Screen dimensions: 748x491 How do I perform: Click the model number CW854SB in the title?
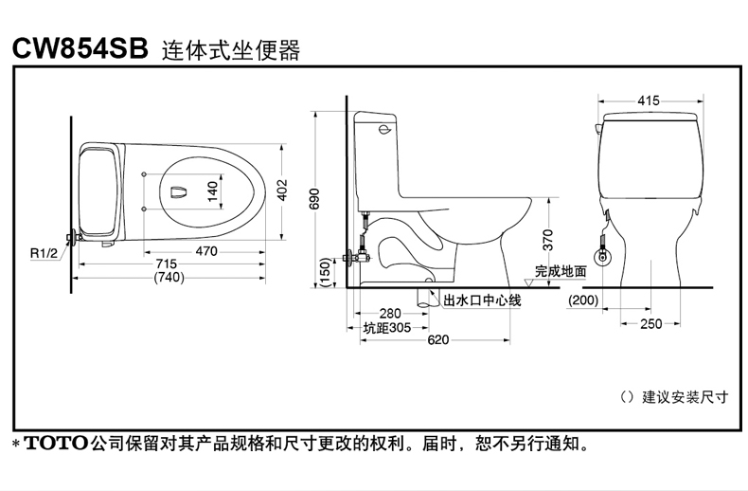click(x=80, y=49)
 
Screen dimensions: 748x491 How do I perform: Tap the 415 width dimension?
click(x=649, y=100)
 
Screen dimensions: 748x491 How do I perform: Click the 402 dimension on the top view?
click(x=281, y=191)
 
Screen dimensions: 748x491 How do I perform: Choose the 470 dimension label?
click(x=205, y=251)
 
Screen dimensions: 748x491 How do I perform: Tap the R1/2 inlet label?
click(x=43, y=252)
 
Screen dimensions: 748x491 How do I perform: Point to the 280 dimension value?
click(x=390, y=314)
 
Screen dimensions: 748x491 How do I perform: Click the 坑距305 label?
click(x=386, y=327)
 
